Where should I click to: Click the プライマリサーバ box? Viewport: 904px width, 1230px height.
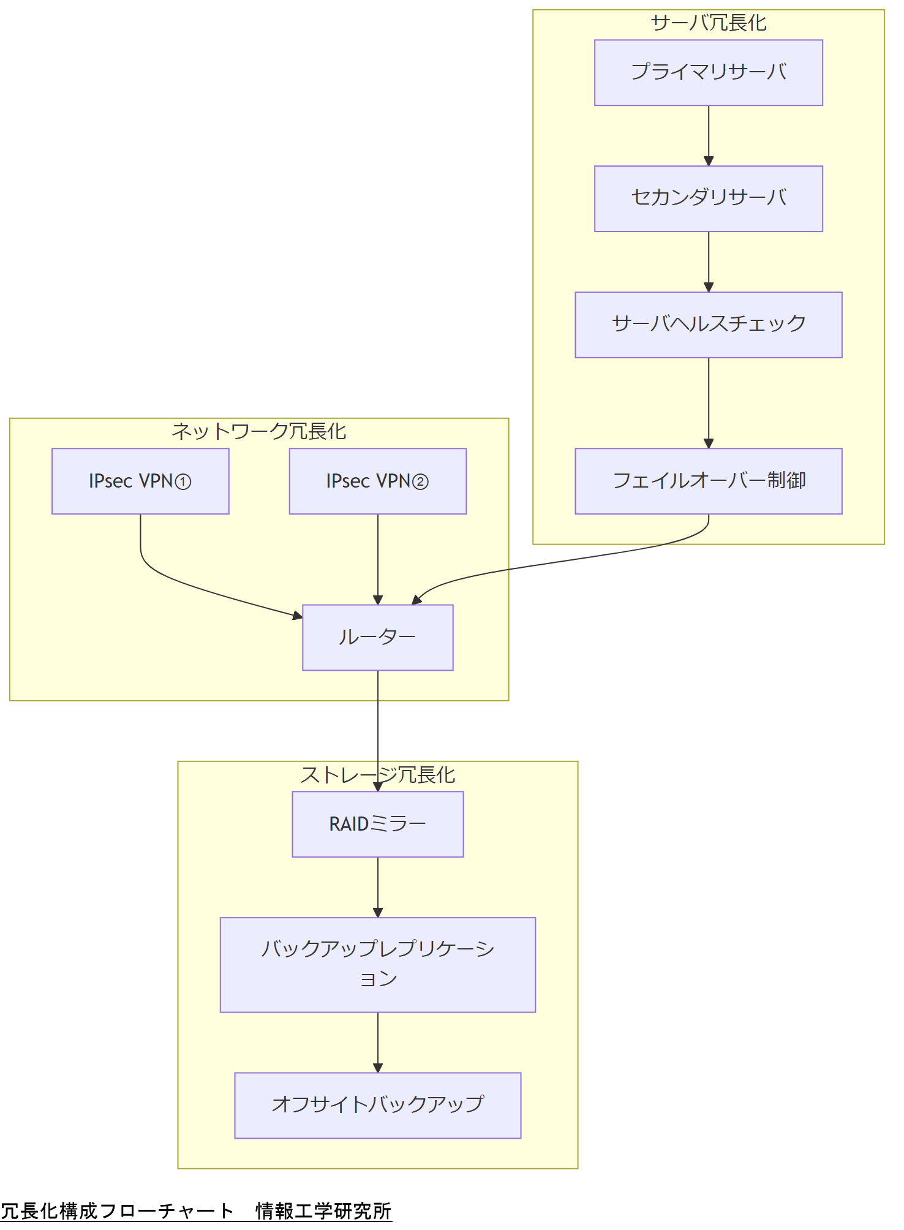[x=708, y=73]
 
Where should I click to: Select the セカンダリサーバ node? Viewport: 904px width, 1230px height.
[x=708, y=198]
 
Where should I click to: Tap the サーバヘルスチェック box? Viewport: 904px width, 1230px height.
[x=708, y=325]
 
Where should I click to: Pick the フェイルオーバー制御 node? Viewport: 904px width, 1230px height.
[x=708, y=481]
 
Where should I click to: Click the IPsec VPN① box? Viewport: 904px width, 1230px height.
[x=140, y=481]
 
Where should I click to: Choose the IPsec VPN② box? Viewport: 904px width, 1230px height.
[x=377, y=481]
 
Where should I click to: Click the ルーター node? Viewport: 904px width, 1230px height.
[x=377, y=637]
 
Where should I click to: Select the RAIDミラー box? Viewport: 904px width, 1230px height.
[x=377, y=824]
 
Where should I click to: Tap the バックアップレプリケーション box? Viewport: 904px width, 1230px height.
[x=377, y=964]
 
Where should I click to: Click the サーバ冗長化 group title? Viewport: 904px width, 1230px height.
[x=708, y=23]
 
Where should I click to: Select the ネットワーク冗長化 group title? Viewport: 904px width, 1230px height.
[x=258, y=432]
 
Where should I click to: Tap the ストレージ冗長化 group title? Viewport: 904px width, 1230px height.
[x=377, y=775]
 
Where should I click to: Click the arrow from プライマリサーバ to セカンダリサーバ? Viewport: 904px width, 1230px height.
[x=709, y=135]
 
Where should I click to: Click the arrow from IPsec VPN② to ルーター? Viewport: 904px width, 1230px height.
[x=378, y=557]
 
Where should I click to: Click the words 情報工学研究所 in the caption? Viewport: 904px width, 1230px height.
[x=323, y=1211]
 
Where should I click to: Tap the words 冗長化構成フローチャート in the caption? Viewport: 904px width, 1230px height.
[x=116, y=1211]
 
